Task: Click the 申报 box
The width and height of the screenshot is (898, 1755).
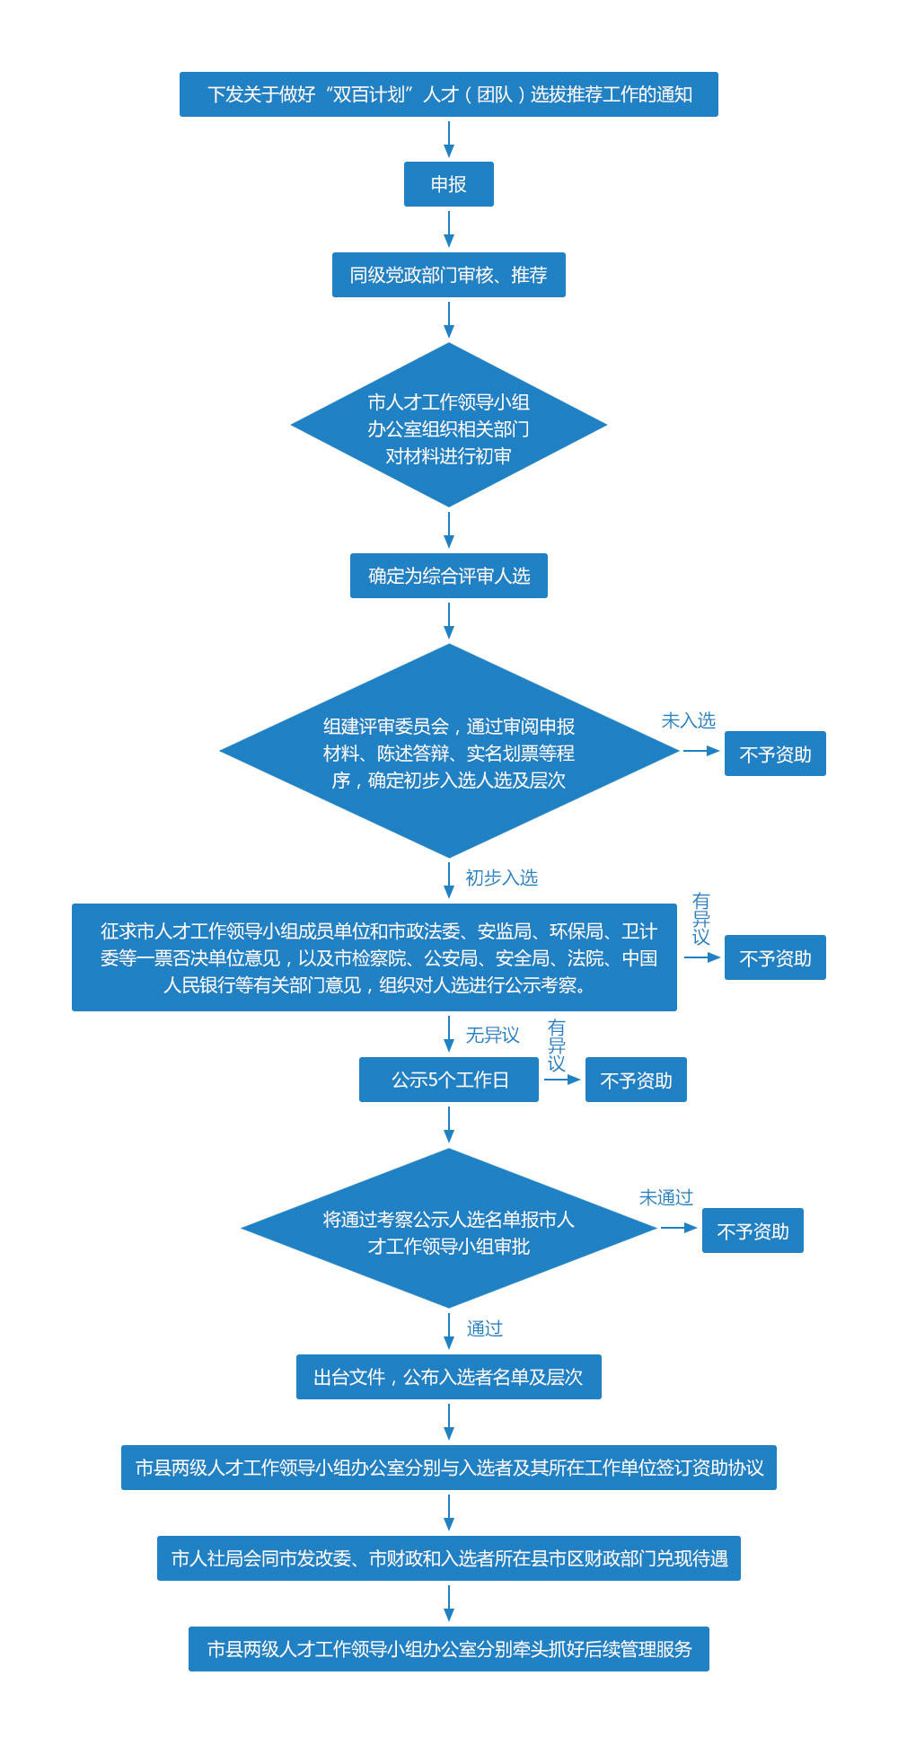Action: tap(449, 184)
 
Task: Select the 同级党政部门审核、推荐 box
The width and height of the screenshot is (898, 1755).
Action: tap(449, 275)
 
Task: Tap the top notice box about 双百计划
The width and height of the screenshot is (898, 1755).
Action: tap(449, 94)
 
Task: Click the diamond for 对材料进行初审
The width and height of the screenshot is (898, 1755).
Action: tap(449, 425)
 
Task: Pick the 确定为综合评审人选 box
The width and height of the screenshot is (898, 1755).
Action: tap(449, 576)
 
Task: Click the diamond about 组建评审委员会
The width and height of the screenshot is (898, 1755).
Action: tap(449, 751)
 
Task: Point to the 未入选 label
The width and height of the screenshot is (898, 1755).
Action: tap(689, 720)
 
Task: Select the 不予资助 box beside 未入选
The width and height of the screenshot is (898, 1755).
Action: tap(775, 754)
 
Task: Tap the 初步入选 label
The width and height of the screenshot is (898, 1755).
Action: tap(501, 877)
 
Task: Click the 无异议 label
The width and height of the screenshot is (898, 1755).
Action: tap(492, 1035)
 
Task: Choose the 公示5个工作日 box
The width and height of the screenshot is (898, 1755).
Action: tap(449, 1080)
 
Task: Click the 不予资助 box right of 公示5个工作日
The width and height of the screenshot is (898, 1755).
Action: tap(636, 1080)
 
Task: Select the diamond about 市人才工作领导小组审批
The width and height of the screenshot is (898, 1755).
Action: tap(449, 1228)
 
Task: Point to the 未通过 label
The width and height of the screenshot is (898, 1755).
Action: tap(666, 1197)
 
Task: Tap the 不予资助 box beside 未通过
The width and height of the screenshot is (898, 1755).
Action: tap(753, 1230)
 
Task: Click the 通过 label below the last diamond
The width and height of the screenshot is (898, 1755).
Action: tap(485, 1328)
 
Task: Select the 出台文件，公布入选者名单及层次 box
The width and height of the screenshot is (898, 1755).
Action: tap(449, 1377)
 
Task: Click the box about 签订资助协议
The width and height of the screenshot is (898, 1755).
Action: tap(449, 1468)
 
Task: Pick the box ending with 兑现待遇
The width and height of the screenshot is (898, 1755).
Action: tap(449, 1558)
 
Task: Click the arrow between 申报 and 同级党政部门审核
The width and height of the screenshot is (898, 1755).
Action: tap(449, 229)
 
